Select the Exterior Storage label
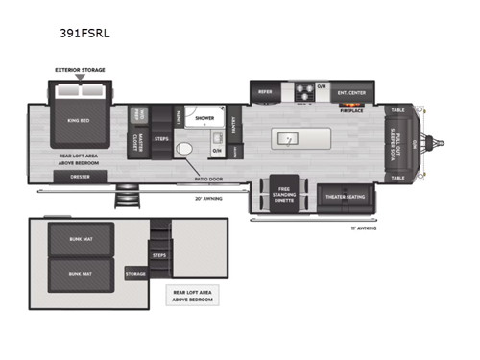coord(80,69)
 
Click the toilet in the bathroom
coord(188,150)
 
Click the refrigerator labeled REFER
coord(266,92)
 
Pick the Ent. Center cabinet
coord(350,92)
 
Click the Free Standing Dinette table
coord(284,195)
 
